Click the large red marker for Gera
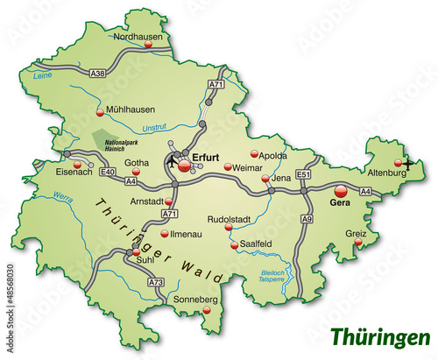click(341, 190)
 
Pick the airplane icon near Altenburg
click(407, 162)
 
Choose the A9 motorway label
click(307, 218)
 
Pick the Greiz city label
click(355, 234)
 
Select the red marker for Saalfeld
click(234, 246)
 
